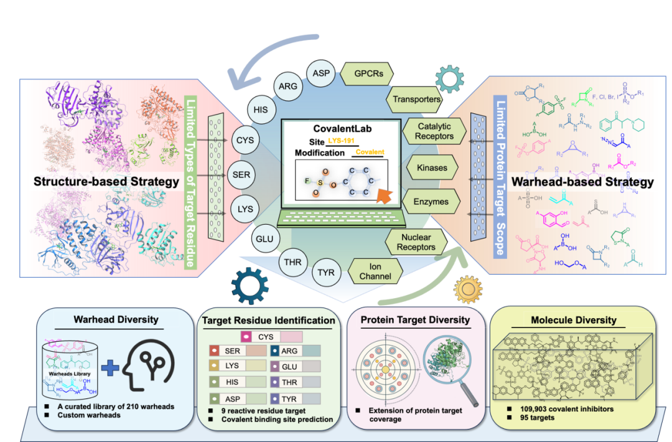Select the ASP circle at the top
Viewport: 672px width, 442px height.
tap(322, 72)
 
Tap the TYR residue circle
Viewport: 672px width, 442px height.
tap(326, 271)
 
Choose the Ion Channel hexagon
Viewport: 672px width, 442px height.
tap(375, 271)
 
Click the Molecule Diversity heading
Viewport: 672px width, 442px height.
tap(573, 320)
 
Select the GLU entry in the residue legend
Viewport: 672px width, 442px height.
tap(289, 367)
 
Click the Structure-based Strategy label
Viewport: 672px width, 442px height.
tap(98, 182)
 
